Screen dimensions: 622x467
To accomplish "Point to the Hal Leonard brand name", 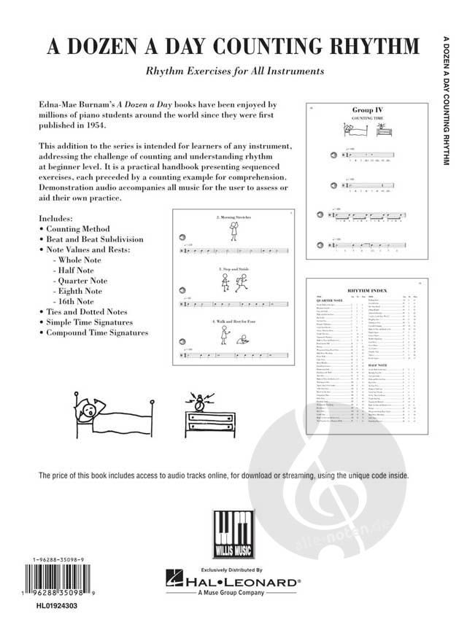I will [x=242, y=583].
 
